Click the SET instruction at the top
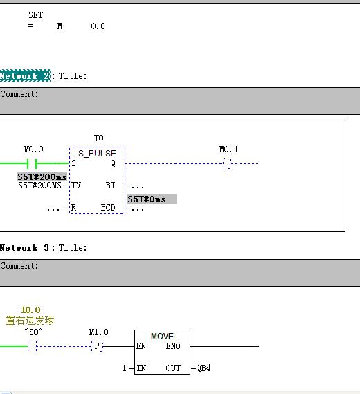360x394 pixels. point(36,15)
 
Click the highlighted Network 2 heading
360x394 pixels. point(25,75)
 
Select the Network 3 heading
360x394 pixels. point(24,248)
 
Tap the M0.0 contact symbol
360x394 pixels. point(32,163)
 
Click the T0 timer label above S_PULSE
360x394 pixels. point(99,138)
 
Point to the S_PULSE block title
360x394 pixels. point(97,153)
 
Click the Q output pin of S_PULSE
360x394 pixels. point(113,163)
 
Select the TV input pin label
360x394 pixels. point(76,186)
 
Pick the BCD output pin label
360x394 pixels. point(108,208)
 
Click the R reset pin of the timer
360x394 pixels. point(73,208)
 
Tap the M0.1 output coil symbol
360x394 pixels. point(227,163)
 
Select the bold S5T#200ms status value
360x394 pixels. point(42,177)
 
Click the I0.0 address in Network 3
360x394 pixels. point(30,310)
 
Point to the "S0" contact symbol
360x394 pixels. point(32,346)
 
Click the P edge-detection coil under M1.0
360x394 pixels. point(97,346)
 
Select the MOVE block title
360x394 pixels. point(162,337)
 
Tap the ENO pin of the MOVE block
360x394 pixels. point(173,346)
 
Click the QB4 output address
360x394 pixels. point(204,368)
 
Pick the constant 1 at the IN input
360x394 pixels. point(124,368)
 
